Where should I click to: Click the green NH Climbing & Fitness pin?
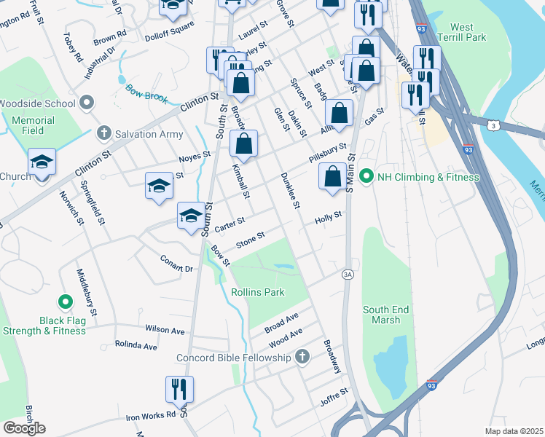point(366,176)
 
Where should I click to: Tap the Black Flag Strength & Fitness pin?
point(65,301)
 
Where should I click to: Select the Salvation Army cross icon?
point(103,133)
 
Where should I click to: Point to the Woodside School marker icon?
point(87,103)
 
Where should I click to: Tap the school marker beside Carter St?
point(191,215)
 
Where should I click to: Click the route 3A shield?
point(348,274)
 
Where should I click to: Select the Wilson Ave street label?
point(165,330)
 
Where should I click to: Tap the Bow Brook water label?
point(146,93)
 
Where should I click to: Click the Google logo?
point(24,428)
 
